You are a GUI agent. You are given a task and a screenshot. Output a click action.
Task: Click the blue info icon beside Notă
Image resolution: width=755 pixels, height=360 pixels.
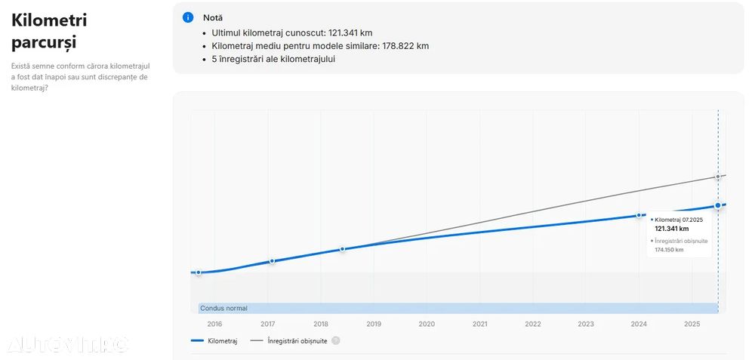click(188, 17)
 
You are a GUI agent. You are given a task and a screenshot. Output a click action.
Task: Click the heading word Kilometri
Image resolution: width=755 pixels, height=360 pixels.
click(49, 20)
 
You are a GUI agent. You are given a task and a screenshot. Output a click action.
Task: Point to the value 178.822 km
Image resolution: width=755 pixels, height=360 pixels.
click(402, 46)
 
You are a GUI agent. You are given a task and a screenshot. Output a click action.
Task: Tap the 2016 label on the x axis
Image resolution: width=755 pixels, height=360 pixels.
click(214, 325)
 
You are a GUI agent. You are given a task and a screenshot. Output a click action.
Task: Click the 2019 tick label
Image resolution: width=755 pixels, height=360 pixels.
click(374, 325)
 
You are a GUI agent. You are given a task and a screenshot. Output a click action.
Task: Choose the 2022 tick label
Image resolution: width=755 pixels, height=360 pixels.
click(533, 325)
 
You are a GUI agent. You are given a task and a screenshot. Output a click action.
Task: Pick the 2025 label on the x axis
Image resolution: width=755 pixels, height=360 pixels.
click(692, 325)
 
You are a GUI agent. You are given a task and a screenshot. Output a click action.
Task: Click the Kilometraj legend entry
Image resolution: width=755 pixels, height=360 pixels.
click(222, 341)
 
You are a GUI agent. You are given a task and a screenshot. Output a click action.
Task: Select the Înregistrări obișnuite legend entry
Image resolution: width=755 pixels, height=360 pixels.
click(297, 341)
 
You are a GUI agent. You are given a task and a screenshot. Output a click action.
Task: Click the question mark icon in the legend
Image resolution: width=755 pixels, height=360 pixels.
click(336, 341)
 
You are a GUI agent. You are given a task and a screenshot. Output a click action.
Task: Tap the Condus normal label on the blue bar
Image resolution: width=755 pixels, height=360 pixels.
click(223, 308)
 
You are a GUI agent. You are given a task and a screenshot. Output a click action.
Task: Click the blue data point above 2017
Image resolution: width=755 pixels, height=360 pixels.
click(272, 261)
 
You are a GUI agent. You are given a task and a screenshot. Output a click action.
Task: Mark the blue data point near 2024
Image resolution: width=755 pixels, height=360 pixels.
click(639, 215)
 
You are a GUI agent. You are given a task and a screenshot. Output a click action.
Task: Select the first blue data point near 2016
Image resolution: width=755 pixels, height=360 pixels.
click(199, 272)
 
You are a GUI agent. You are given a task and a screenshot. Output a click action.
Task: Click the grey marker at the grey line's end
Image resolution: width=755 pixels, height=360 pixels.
click(718, 177)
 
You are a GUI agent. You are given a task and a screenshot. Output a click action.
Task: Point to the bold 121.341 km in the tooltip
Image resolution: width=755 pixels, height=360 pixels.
click(672, 229)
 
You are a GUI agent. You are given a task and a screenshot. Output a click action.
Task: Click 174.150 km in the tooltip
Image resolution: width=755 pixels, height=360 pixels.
click(669, 250)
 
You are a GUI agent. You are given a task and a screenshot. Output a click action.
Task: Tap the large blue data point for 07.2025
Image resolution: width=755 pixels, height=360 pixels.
click(718, 206)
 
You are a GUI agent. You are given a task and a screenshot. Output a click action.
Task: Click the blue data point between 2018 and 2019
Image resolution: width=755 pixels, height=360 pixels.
click(342, 249)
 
